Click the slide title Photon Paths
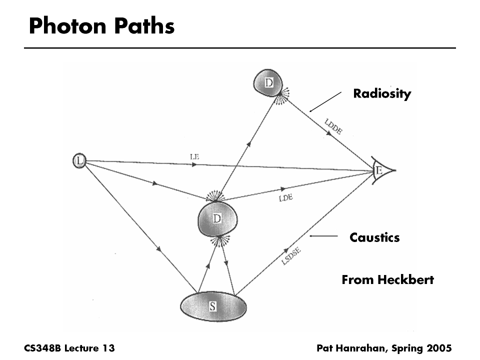101,26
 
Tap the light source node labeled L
79,160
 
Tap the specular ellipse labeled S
213,306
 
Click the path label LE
194,156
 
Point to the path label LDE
285,198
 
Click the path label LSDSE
294,254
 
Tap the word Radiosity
382,93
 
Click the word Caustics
374,237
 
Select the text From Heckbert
387,280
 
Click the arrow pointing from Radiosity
325,101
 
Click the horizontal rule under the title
240,48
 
